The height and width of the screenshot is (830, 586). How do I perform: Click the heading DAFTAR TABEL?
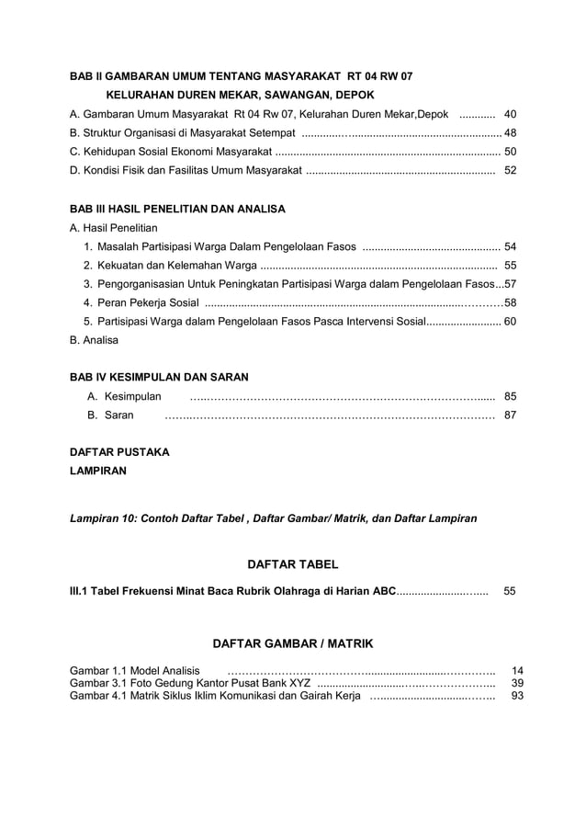pyautogui.click(x=293, y=563)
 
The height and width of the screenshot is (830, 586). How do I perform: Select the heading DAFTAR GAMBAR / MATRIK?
pyautogui.click(x=293, y=642)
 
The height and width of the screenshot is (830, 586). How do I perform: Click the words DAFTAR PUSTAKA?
pyautogui.click(x=119, y=451)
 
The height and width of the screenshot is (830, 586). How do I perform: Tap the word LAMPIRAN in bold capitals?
pyautogui.click(x=98, y=471)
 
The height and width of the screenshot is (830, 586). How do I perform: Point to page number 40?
pyautogui.click(x=511, y=114)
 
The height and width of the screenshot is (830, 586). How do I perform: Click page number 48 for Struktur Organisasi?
pyautogui.click(x=510, y=132)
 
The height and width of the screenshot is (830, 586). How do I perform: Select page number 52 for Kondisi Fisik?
pyautogui.click(x=511, y=170)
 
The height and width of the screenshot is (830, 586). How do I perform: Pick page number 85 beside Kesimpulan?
pyautogui.click(x=511, y=396)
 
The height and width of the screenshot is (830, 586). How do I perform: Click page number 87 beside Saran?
pyautogui.click(x=511, y=415)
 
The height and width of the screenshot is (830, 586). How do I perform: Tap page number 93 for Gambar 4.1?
pyautogui.click(x=517, y=697)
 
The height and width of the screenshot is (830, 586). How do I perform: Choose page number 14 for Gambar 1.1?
pyautogui.click(x=517, y=671)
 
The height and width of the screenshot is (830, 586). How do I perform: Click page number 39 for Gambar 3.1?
pyautogui.click(x=517, y=684)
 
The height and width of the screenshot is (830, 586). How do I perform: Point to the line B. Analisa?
pyautogui.click(x=94, y=339)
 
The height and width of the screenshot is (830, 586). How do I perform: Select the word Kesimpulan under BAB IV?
pyautogui.click(x=132, y=396)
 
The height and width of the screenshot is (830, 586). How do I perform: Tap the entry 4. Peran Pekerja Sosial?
pyautogui.click(x=141, y=302)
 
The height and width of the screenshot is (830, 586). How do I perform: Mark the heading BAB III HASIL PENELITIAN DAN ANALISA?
pyautogui.click(x=177, y=209)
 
